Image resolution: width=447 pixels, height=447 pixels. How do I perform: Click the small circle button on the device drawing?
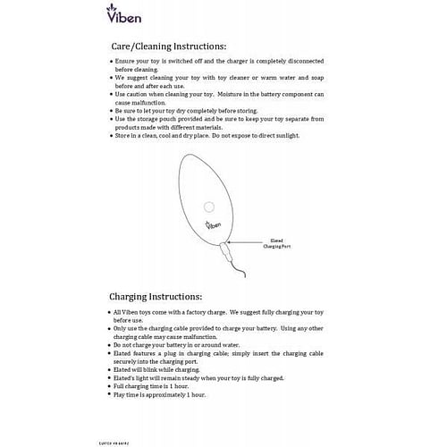click(208, 207)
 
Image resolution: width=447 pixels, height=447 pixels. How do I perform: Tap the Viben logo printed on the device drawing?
click(213, 227)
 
